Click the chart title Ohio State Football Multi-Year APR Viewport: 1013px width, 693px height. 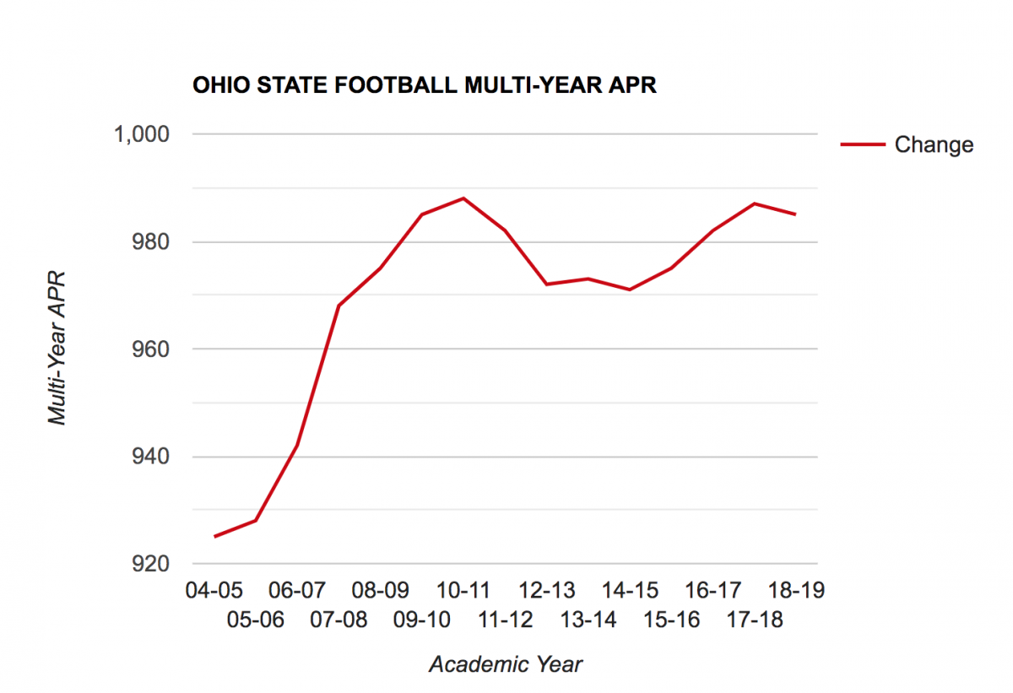click(425, 86)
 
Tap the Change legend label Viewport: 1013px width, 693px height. click(934, 144)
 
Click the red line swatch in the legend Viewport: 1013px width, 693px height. click(862, 144)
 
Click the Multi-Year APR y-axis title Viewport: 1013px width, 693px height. click(57, 348)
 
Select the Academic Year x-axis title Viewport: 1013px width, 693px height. click(505, 664)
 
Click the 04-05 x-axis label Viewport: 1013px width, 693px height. click(214, 589)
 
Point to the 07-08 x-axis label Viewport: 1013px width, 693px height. click(339, 620)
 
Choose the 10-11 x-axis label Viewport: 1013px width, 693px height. click(463, 589)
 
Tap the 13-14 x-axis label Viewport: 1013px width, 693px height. click(588, 620)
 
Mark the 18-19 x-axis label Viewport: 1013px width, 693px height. click(795, 589)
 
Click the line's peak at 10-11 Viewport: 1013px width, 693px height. click(463, 198)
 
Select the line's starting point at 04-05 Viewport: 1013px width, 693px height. click(214, 536)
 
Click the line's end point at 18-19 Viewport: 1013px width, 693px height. click(795, 214)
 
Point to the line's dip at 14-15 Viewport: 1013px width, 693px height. click(630, 290)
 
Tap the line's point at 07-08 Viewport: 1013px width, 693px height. click(339, 306)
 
